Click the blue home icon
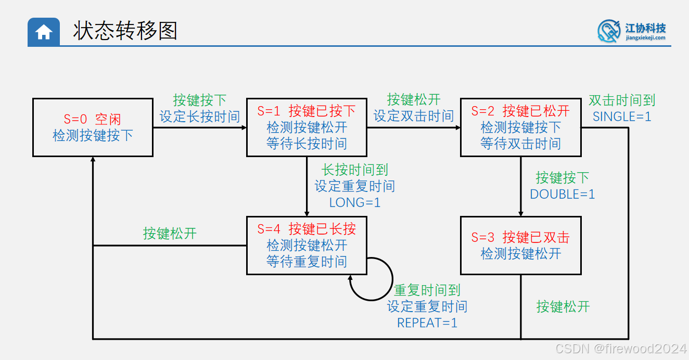[x=44, y=32]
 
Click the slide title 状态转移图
[x=125, y=31]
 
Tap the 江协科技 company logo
[x=632, y=31]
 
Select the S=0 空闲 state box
[x=93, y=127]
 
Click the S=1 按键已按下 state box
[x=307, y=127]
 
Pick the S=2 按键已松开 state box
[x=520, y=127]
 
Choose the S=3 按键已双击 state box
[x=520, y=246]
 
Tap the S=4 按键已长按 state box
[x=307, y=245]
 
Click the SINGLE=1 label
[x=622, y=117]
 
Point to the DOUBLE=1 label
[x=562, y=194]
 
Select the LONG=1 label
[x=355, y=202]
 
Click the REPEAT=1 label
[x=427, y=323]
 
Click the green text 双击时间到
[x=622, y=100]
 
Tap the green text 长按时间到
[x=355, y=170]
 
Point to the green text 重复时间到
[x=427, y=290]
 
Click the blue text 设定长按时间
[x=200, y=117]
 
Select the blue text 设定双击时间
[x=414, y=116]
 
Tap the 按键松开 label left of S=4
[x=170, y=233]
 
